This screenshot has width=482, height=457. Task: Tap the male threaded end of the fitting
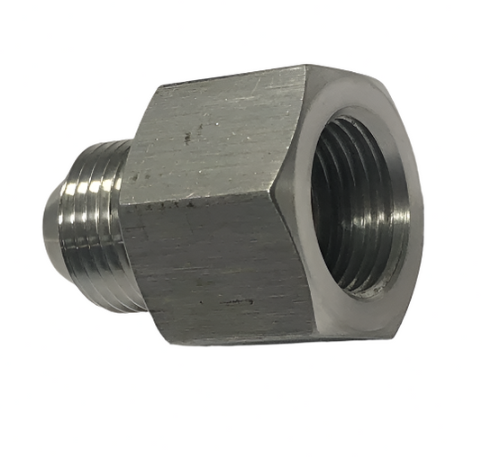pyautogui.click(x=90, y=225)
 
